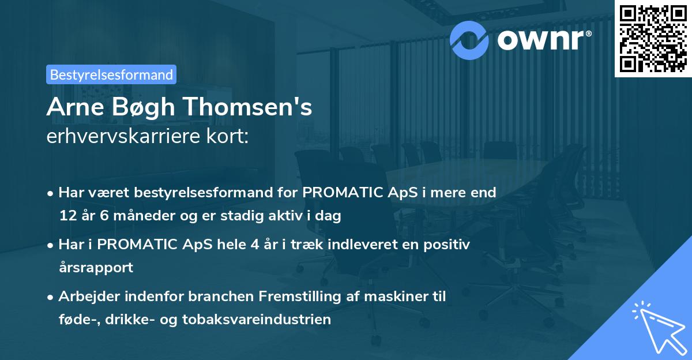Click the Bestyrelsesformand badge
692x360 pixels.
(x=111, y=74)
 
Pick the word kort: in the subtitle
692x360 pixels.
(x=227, y=137)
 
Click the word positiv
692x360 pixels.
(x=449, y=245)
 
